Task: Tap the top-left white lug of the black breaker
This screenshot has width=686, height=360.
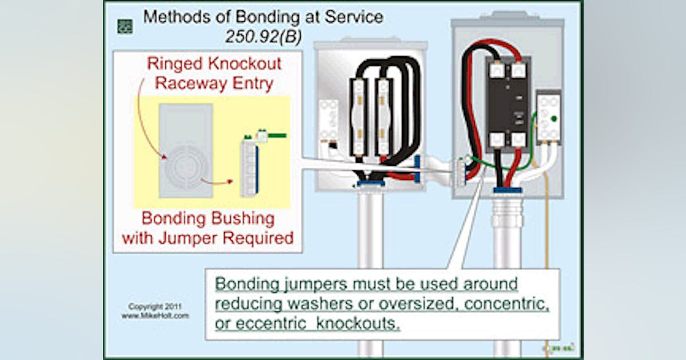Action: click(x=496, y=70)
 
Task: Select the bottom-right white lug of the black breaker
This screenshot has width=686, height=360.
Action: click(x=518, y=139)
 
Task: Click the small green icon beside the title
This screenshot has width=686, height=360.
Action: click(x=125, y=26)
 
